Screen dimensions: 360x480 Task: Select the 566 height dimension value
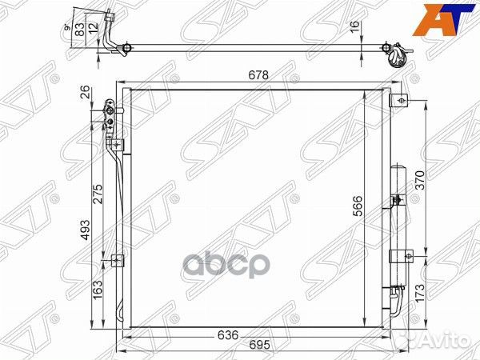click(x=358, y=206)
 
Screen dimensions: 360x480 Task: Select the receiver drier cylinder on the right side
click(x=398, y=224)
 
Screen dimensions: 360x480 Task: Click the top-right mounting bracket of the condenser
click(x=402, y=101)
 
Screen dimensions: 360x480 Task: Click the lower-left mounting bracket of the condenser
click(x=118, y=260)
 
